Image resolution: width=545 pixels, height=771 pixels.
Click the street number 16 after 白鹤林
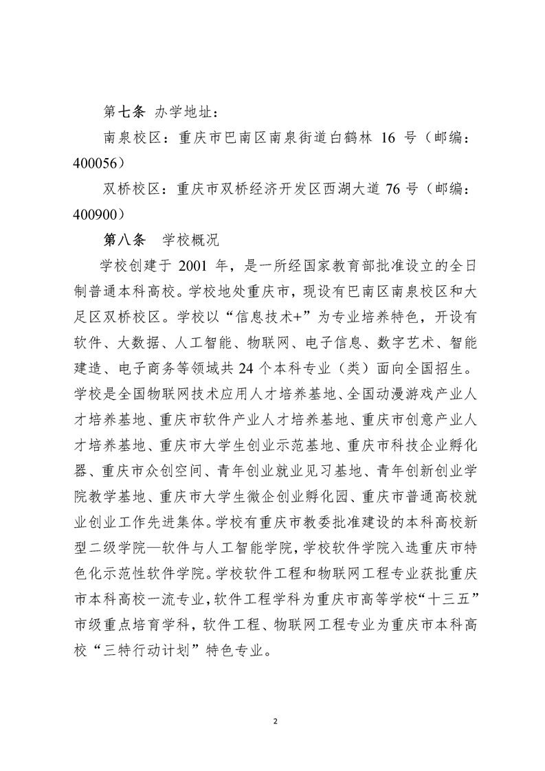(x=388, y=137)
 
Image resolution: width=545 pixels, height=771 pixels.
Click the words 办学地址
(x=183, y=111)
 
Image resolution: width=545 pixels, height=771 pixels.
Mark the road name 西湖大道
(x=339, y=188)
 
